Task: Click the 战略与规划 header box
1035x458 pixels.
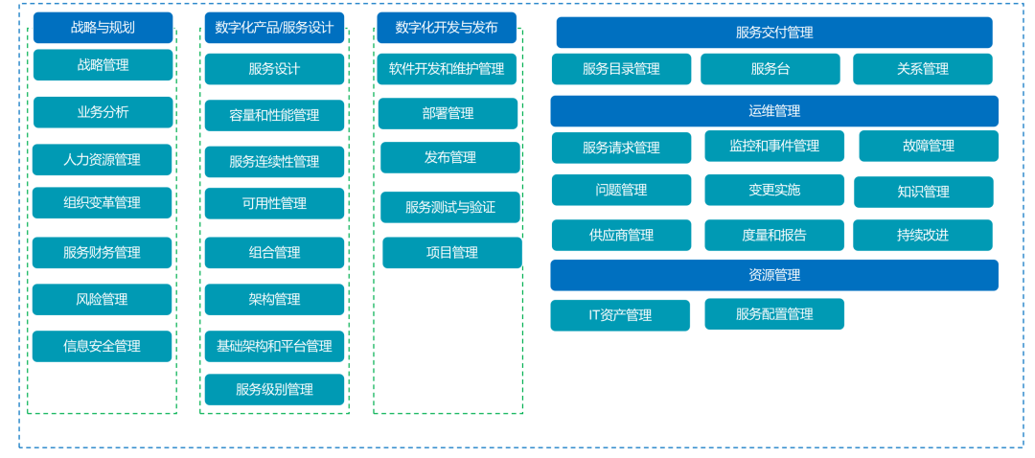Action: [x=103, y=28]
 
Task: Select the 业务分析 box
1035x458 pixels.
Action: [x=103, y=112]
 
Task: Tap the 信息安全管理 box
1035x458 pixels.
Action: [x=102, y=346]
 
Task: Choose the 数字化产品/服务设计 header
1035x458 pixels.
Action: [x=274, y=28]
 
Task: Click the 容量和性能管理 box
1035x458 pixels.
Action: [x=274, y=115]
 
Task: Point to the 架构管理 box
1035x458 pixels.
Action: [x=274, y=299]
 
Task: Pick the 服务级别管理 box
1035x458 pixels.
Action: [x=274, y=389]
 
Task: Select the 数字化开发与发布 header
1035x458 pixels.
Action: [x=447, y=28]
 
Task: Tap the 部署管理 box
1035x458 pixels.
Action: [x=448, y=113]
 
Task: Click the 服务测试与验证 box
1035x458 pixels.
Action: [x=449, y=207]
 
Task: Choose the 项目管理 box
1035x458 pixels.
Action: [x=451, y=253]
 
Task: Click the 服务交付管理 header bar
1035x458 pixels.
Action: [x=774, y=33]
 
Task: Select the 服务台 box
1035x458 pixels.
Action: [x=770, y=69]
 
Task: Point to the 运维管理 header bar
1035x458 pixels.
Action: [x=774, y=111]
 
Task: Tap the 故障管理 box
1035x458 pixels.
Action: [x=928, y=146]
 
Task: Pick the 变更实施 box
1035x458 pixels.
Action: [x=774, y=190]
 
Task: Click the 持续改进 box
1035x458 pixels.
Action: [x=922, y=235]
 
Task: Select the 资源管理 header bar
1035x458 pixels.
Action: [x=774, y=275]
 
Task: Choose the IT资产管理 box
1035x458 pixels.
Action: [x=620, y=315]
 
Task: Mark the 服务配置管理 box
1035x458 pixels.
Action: [x=774, y=313]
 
